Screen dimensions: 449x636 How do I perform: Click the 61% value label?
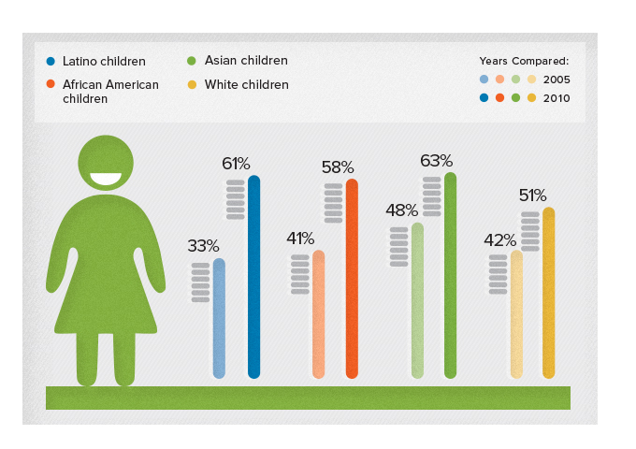tap(236, 164)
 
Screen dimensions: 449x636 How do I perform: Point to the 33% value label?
tap(203, 246)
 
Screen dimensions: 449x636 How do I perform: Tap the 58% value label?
tap(338, 167)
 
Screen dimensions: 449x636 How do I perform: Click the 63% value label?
tap(436, 161)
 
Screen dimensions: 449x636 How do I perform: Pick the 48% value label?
tap(401, 211)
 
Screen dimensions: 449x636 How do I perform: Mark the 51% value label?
tap(533, 196)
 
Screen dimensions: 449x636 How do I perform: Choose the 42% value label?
tap(500, 239)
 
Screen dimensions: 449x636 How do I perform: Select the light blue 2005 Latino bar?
tap(219, 318)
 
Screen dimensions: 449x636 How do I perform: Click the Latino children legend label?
tap(104, 61)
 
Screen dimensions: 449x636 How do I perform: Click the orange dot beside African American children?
tap(51, 84)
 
